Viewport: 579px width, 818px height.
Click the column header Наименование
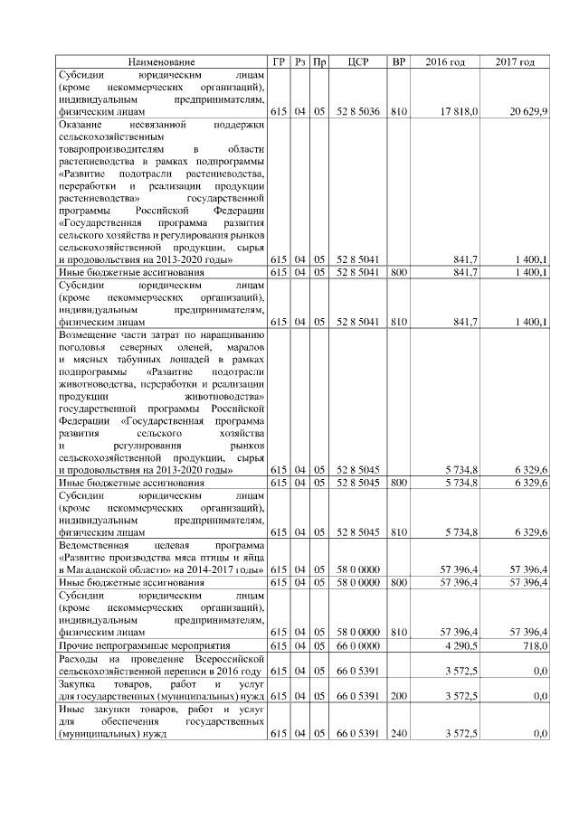tap(161, 61)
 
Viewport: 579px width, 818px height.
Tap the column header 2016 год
tap(445, 61)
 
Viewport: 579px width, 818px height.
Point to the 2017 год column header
tap(515, 61)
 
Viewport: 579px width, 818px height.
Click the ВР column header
tap(397, 61)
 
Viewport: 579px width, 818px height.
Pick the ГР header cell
tap(279, 61)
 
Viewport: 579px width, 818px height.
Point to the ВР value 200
tap(397, 696)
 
